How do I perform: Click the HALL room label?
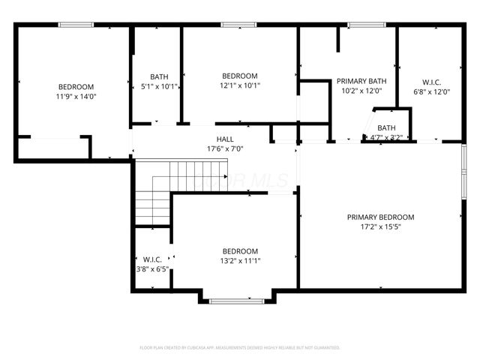tap(225, 139)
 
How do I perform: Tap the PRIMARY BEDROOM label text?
tap(380, 217)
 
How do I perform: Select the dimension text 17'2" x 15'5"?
tap(380, 227)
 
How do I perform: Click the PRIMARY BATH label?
tap(361, 81)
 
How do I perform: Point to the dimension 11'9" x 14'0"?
tap(76, 96)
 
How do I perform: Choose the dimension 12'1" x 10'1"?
tap(240, 85)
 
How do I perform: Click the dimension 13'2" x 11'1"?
tap(240, 261)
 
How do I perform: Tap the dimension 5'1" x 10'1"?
tap(159, 86)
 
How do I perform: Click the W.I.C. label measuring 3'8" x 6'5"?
tap(152, 259)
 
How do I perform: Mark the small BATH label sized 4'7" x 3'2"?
tap(387, 127)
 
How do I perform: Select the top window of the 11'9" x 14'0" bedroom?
tap(76, 25)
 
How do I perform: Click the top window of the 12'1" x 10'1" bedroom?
tap(238, 25)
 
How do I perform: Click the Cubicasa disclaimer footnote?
tap(240, 348)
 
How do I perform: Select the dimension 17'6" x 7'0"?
tap(225, 148)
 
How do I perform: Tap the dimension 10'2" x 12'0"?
tap(361, 91)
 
